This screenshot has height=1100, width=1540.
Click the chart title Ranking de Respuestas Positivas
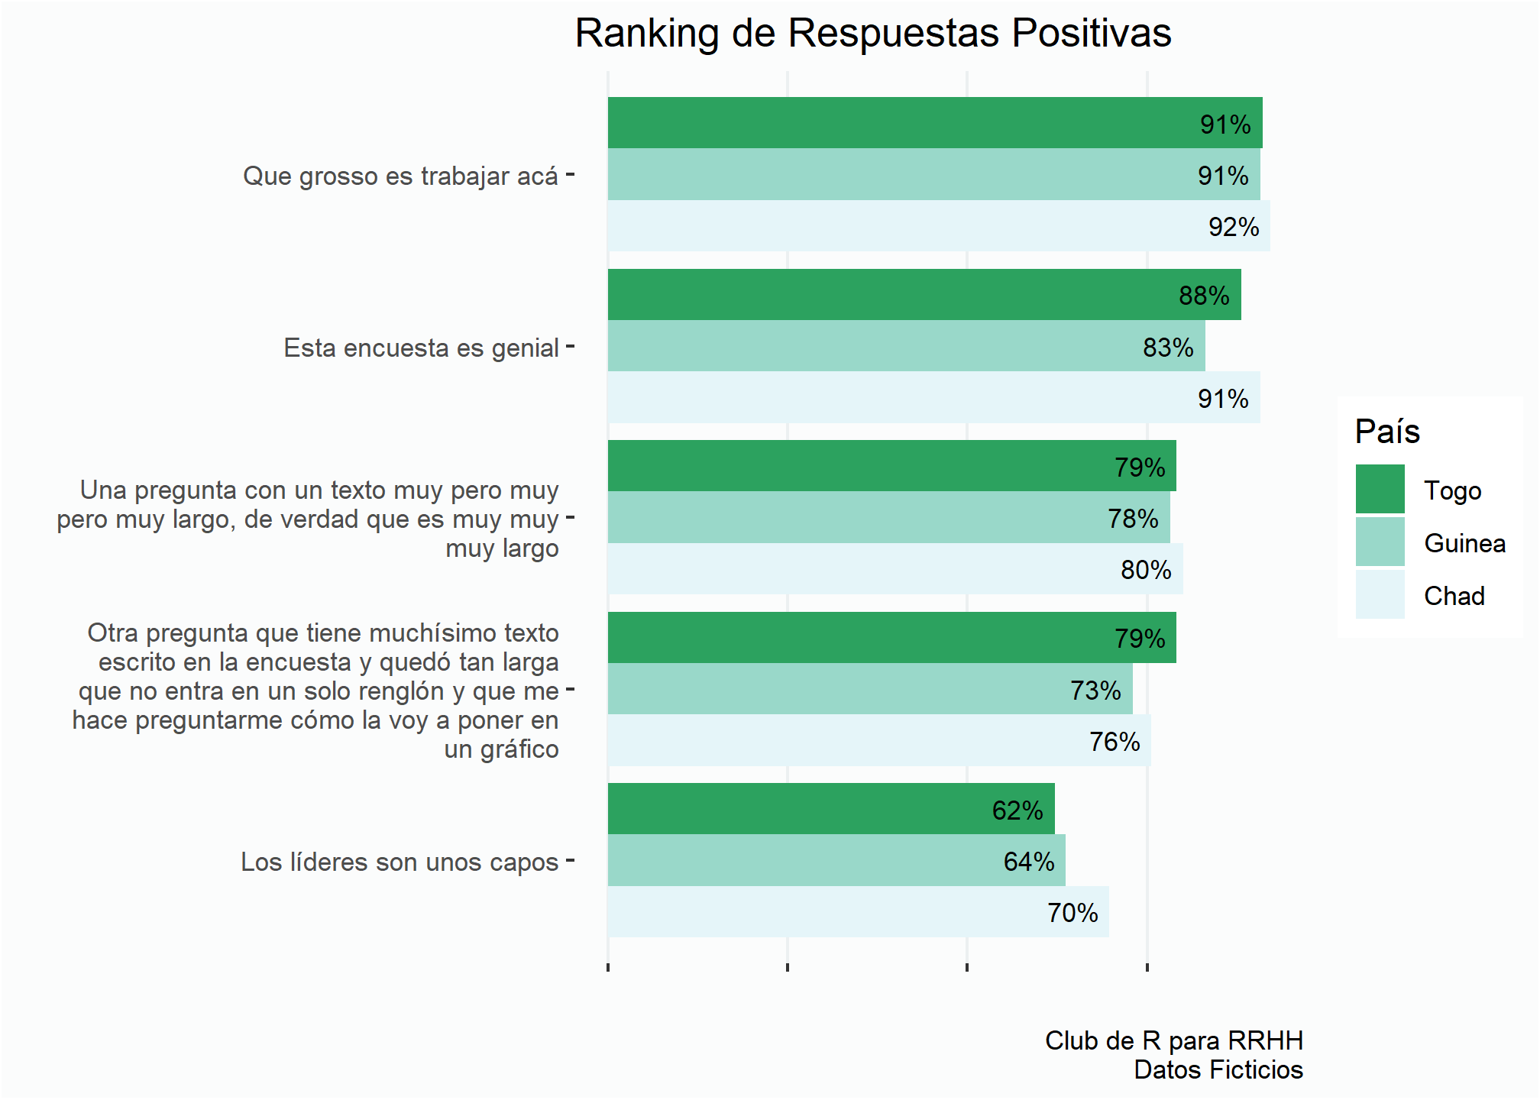pos(872,34)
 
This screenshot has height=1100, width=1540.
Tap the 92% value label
pos(1233,227)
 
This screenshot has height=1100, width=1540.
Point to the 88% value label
pos(1204,296)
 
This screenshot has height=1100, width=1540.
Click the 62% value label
pos(1017,810)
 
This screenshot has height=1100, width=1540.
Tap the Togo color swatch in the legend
pos(1380,490)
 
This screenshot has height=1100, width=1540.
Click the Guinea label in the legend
pos(1464,543)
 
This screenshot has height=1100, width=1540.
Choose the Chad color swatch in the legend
pos(1380,595)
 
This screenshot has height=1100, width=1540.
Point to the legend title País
pos(1386,432)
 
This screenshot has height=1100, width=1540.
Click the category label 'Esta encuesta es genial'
pos(421,348)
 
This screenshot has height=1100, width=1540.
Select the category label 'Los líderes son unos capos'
pos(400,862)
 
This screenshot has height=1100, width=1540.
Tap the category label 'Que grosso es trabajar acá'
pos(400,176)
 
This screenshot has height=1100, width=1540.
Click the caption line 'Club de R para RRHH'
pos(1173,1041)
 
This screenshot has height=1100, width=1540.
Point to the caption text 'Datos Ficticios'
pos(1218,1070)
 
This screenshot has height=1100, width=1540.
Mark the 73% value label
pos(1095,691)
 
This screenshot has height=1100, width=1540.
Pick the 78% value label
pos(1133,519)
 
